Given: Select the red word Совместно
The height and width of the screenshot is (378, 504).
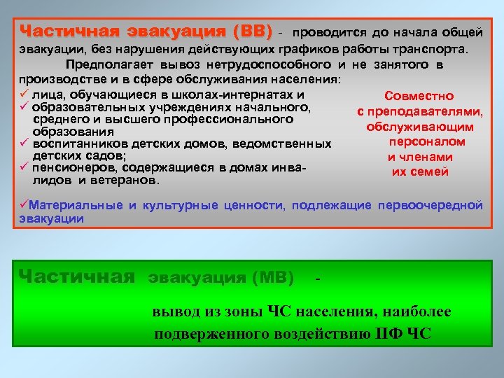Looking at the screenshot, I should (x=419, y=96).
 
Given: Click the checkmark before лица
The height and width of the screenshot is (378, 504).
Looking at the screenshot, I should (x=24, y=94).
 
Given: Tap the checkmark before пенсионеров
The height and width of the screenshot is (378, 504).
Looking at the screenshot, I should (x=24, y=168).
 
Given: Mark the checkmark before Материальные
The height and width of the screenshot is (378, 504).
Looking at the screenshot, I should (x=24, y=205).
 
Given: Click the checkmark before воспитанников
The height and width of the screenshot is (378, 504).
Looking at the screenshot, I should (x=24, y=144).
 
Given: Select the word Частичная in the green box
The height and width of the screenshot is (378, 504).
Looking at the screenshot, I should (x=78, y=276).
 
